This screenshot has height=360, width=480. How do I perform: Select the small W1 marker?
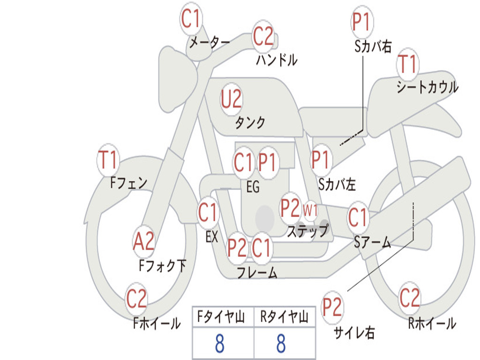(x=310, y=210)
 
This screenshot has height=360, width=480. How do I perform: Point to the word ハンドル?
(x=277, y=60)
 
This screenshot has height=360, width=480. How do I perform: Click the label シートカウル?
(x=427, y=87)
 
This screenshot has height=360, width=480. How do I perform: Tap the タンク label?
(x=250, y=123)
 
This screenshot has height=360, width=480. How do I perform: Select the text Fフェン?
(x=129, y=182)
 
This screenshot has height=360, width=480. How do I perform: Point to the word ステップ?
(x=307, y=231)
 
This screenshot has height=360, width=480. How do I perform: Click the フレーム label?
(x=257, y=273)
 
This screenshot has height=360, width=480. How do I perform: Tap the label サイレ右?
(x=354, y=333)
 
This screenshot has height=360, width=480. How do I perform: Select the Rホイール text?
(x=432, y=323)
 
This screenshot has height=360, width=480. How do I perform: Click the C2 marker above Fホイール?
(x=136, y=299)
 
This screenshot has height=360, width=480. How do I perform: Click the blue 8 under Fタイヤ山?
(x=219, y=344)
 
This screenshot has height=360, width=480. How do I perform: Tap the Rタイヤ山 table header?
(x=284, y=317)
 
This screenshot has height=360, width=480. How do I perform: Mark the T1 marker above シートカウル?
(x=407, y=65)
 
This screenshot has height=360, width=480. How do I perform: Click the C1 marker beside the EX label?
(x=208, y=213)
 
